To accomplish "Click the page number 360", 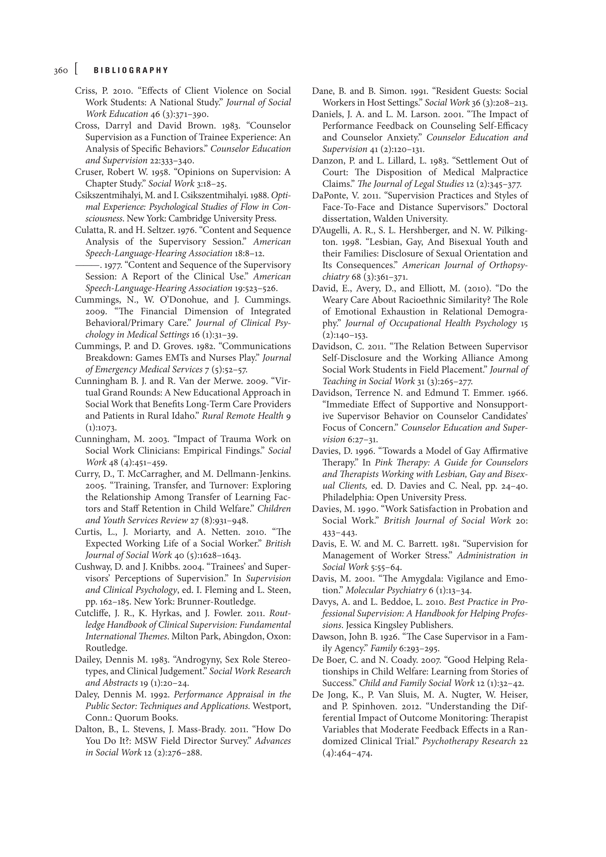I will coord(60,71).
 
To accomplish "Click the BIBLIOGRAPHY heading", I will coord(131,70).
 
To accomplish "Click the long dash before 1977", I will coord(87,265).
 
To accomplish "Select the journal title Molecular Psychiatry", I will coord(386,590).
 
